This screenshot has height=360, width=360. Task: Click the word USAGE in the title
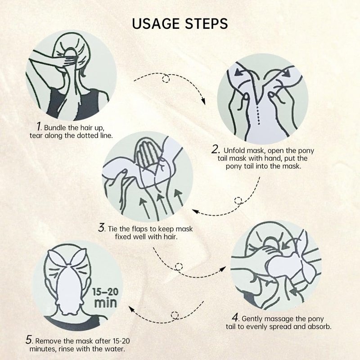tap(156, 23)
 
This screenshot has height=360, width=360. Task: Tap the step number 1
tap(39, 126)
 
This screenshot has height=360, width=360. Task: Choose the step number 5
tap(29, 340)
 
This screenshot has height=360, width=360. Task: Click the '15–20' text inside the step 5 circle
tap(105, 292)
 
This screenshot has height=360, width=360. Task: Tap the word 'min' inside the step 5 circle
tap(105, 303)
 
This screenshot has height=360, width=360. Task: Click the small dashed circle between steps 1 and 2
tap(166, 78)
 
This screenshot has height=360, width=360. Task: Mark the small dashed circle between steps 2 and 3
tap(238, 201)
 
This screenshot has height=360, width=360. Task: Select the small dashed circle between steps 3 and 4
tap(179, 267)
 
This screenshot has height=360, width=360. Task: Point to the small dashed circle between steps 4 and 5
tap(175, 315)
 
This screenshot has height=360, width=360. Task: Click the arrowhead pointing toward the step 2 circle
tap(203, 101)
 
